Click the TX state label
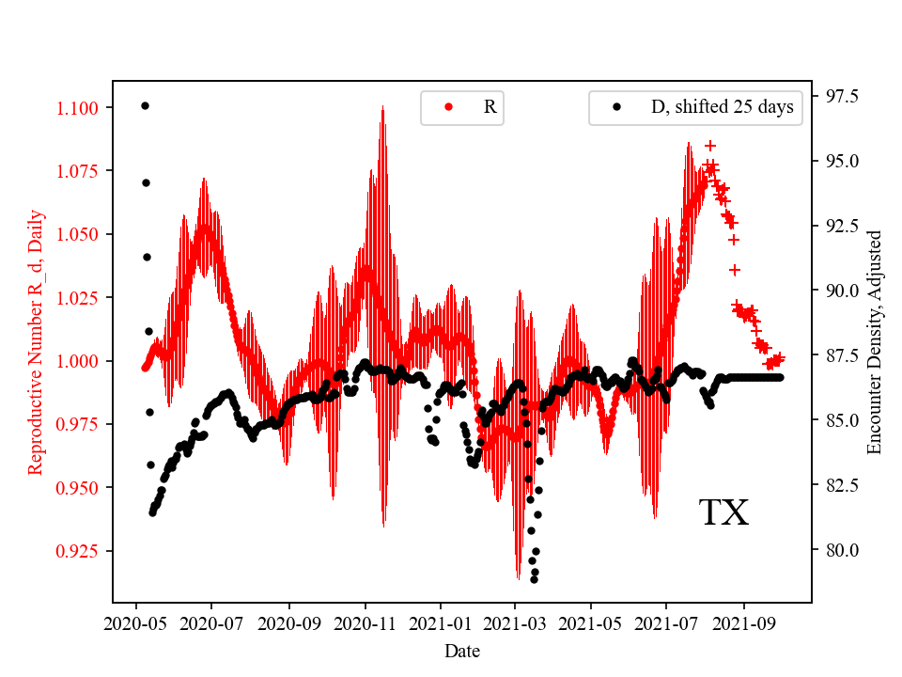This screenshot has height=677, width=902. click(723, 513)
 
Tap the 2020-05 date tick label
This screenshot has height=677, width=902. click(136, 622)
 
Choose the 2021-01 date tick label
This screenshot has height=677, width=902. click(440, 622)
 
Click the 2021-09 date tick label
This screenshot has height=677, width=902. click(744, 622)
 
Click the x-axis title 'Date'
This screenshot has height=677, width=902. click(461, 650)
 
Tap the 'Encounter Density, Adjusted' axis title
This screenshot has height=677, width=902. click(875, 341)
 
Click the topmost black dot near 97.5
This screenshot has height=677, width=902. click(145, 105)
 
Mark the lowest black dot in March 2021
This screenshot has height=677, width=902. click(534, 579)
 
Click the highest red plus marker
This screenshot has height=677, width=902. click(710, 146)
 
